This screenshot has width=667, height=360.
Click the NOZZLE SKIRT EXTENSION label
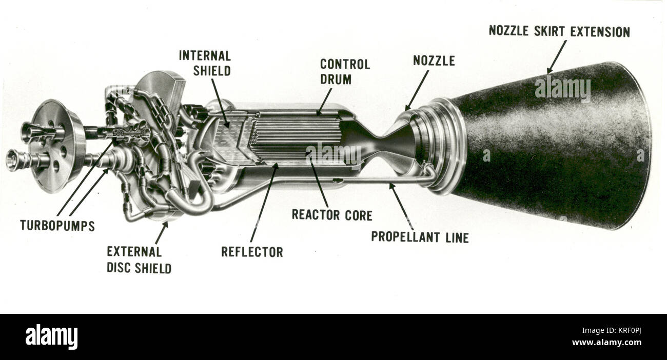pyautogui.click(x=559, y=31)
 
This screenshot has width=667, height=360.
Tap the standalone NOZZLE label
pyautogui.click(x=434, y=61)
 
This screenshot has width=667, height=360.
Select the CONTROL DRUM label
pyautogui.click(x=345, y=72)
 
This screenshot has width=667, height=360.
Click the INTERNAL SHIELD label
pyautogui.click(x=205, y=63)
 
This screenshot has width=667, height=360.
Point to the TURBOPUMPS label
pyautogui.click(x=57, y=226)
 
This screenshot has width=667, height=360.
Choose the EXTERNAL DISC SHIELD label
pyautogui.click(x=139, y=259)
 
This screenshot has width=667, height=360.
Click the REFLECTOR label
pyautogui.click(x=251, y=252)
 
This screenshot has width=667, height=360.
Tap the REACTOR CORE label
pyautogui.click(x=332, y=215)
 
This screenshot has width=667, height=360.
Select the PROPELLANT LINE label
pyautogui.click(x=420, y=237)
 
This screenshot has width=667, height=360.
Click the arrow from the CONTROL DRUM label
pyautogui.click(x=324, y=101)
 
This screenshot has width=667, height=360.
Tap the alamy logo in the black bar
pyautogui.click(x=51, y=337)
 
